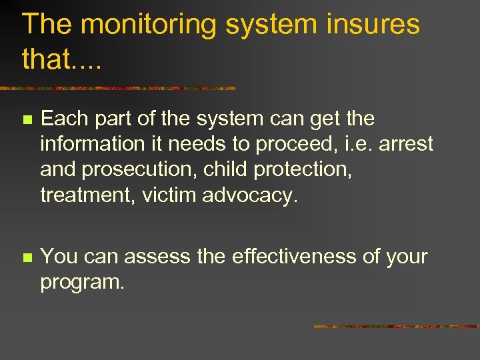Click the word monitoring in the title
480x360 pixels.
coord(150,25)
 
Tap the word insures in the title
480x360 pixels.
coord(374,25)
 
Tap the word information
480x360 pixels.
coord(91,143)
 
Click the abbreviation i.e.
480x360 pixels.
coord(357,143)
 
